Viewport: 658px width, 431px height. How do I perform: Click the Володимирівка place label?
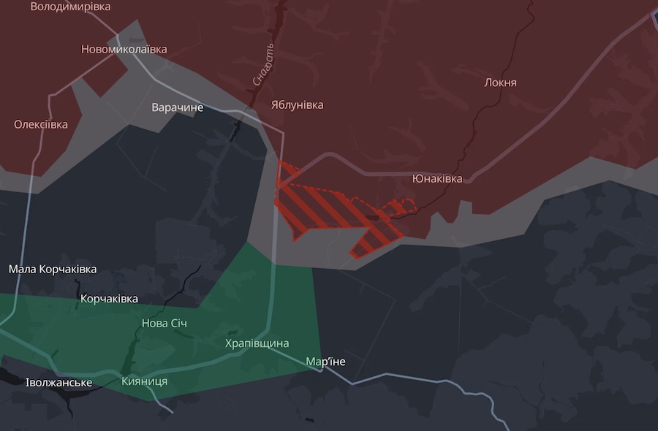70,7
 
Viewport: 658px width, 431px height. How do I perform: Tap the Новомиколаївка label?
124,50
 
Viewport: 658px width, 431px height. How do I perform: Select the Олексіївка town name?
41,124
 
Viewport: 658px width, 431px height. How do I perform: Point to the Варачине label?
178,107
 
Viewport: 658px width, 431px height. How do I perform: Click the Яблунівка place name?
297,104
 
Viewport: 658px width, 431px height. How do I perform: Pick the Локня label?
500,83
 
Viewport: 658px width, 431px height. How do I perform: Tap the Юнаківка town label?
437,178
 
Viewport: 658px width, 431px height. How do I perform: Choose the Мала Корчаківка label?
53,269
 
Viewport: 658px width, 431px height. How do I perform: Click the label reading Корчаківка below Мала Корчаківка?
109,298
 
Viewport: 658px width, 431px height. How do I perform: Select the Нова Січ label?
164,323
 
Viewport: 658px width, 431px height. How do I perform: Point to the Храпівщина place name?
257,343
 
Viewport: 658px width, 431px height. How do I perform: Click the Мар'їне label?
325,362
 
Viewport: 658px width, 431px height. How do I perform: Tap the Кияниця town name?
144,381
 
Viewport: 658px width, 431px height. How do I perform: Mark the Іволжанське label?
58,383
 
